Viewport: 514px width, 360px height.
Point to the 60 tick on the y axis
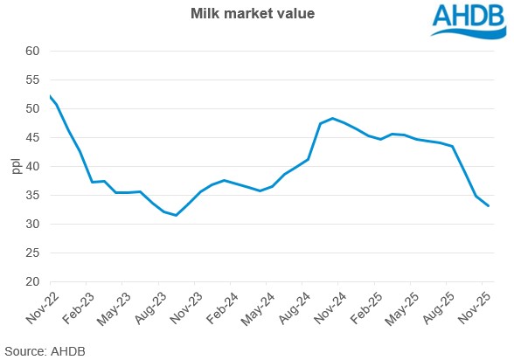click(33, 52)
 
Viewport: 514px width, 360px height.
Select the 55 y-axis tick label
click(33, 80)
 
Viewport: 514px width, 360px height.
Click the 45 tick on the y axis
click(33, 138)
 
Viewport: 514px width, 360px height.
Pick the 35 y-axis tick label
click(33, 196)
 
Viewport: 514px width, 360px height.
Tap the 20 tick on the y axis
click(33, 281)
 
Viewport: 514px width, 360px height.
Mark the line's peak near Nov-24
click(333, 118)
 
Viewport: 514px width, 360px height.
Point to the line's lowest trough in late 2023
click(177, 215)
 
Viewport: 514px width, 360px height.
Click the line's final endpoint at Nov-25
click(489, 206)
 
